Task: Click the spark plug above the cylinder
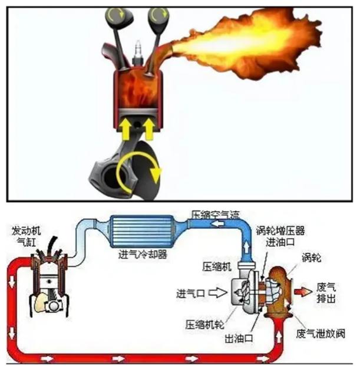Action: pos(137,53)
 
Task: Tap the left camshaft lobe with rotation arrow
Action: pos(119,17)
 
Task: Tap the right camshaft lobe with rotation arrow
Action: pos(158,17)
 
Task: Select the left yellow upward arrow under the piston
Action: pos(126,128)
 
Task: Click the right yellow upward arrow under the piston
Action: pos(148,128)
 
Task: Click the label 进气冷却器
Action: pos(143,254)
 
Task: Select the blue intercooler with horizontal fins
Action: pos(143,232)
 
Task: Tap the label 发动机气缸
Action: pos(27,237)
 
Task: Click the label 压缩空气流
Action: pos(215,215)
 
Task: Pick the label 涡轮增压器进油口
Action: pos(280,236)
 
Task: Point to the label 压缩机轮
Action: pos(204,325)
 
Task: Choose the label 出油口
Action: pos(239,338)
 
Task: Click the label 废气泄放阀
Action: pos(321,334)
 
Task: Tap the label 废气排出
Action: pos(326,292)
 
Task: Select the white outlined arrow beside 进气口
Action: pos(217,293)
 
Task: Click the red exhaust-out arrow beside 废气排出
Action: pos(303,292)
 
